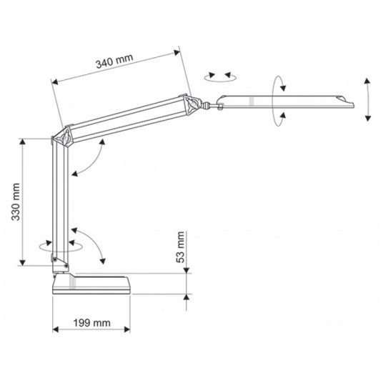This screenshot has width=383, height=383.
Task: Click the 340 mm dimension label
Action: tap(114, 61)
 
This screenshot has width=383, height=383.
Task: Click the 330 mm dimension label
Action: tap(16, 202)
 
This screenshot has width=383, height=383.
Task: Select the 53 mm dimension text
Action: tap(180, 247)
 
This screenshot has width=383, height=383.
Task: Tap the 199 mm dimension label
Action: tap(92, 323)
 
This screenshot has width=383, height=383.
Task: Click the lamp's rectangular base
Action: tap(92, 284)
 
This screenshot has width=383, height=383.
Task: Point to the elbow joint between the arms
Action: tap(62, 137)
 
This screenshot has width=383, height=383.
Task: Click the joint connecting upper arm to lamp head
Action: tap(193, 104)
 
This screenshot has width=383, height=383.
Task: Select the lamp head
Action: tap(285, 102)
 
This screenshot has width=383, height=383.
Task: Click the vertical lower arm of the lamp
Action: tap(60, 203)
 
